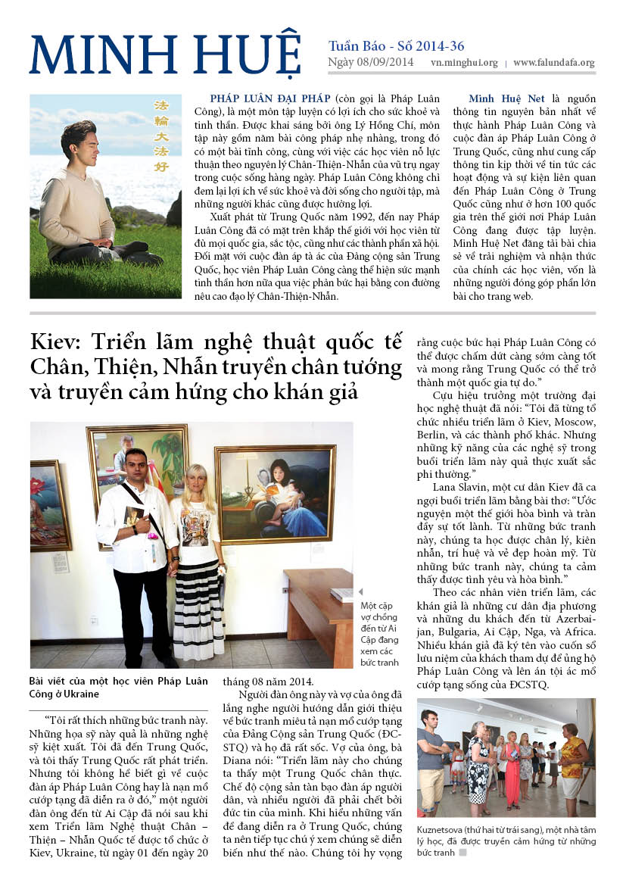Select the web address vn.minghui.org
(x=464, y=63)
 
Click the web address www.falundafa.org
(x=553, y=63)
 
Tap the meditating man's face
(x=81, y=139)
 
